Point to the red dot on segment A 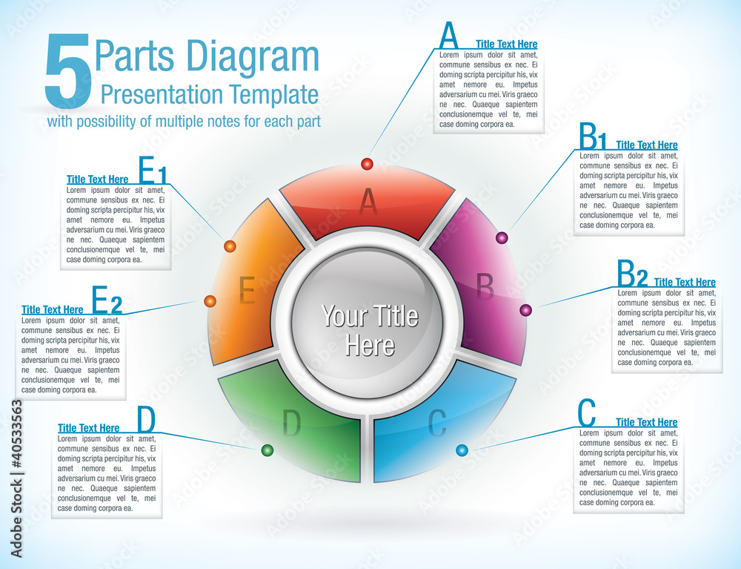tap(367, 163)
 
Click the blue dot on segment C tap(462, 450)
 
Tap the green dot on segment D tap(268, 450)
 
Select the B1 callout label tap(593, 137)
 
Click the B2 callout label tap(632, 275)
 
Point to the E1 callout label tap(153, 171)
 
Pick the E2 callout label tap(107, 301)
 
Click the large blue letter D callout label tap(147, 421)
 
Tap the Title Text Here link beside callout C tap(646, 422)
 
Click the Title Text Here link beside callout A tap(506, 45)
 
